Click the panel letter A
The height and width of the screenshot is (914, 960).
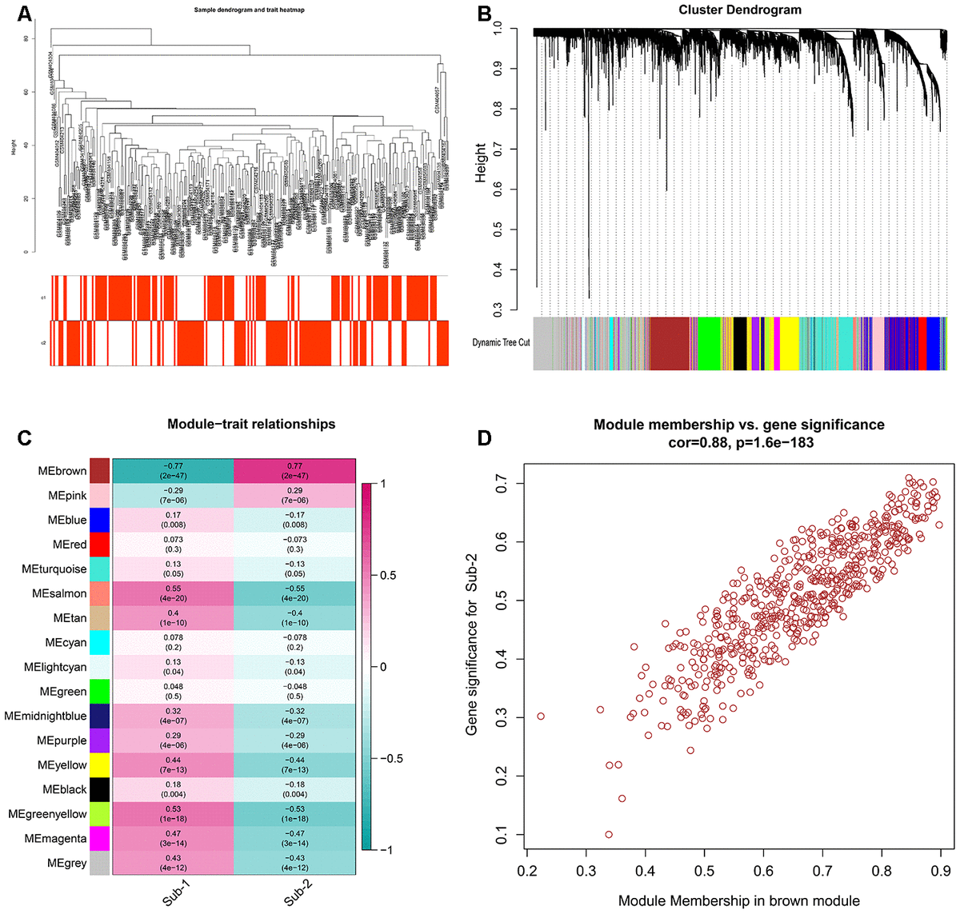pyautogui.click(x=24, y=14)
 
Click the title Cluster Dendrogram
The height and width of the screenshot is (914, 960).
pyautogui.click(x=739, y=10)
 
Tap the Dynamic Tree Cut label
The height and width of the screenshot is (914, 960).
pyautogui.click(x=501, y=343)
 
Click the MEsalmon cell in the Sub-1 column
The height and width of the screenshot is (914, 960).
pyautogui.click(x=173, y=593)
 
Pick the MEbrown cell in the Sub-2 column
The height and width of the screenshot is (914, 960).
pyautogui.click(x=294, y=471)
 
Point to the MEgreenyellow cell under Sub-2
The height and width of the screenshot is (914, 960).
pyautogui.click(x=294, y=814)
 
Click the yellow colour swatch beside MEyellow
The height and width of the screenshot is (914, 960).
pyautogui.click(x=100, y=765)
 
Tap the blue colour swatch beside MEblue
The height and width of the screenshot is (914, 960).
pyautogui.click(x=100, y=520)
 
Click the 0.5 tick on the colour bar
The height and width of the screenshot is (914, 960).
pyautogui.click(x=388, y=576)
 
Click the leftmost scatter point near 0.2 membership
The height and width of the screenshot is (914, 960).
pyautogui.click(x=541, y=716)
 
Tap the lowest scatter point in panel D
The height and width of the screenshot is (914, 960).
pyautogui.click(x=609, y=835)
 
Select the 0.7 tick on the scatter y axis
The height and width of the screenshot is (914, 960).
pyautogui.click(x=501, y=483)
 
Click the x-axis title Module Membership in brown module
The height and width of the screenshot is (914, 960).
pyautogui.click(x=738, y=901)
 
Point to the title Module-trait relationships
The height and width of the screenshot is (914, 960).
pyautogui.click(x=251, y=425)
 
